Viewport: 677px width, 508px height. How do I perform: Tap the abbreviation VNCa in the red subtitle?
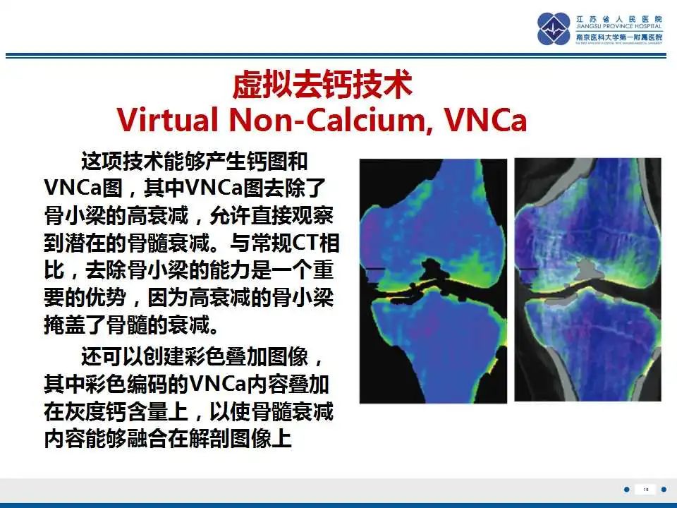tap(487, 121)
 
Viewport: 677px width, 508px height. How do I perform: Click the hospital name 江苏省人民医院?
tap(619, 18)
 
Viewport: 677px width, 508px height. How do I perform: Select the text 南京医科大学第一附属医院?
tap(619, 37)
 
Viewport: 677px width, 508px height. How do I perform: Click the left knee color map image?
tap(433, 280)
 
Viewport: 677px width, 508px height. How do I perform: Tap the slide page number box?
tap(645, 489)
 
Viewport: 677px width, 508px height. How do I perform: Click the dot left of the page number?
tap(626, 489)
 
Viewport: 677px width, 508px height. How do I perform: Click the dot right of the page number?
tap(664, 489)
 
